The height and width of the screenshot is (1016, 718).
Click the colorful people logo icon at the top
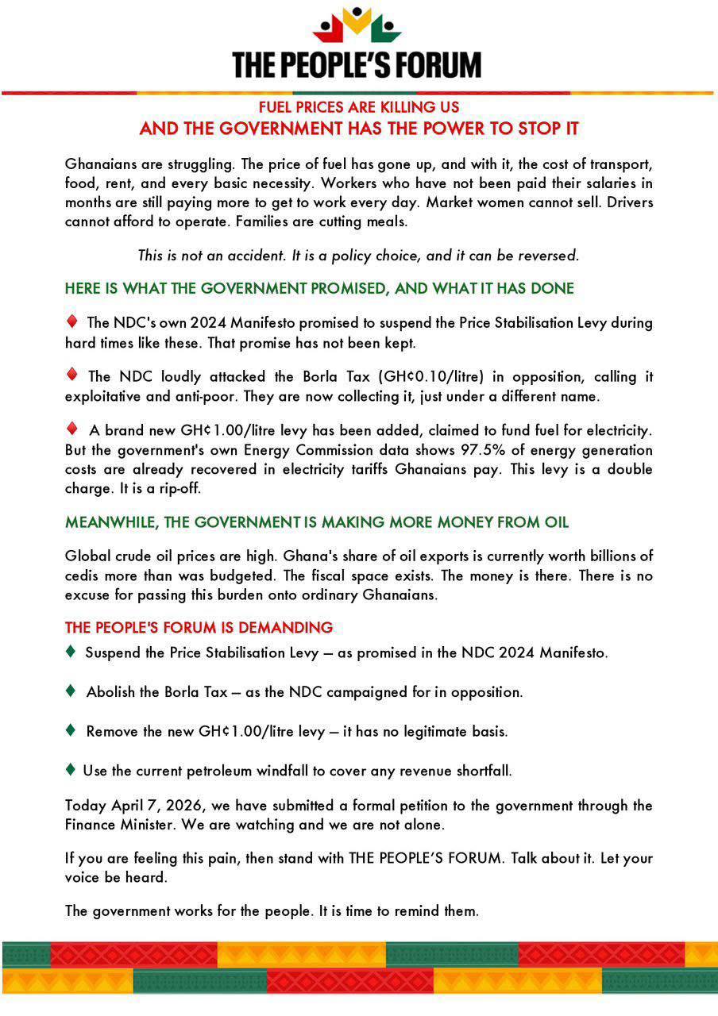(x=357, y=27)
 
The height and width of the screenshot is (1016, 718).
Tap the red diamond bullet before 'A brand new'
(x=71, y=429)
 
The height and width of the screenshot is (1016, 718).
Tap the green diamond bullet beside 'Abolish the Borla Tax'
(x=71, y=691)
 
